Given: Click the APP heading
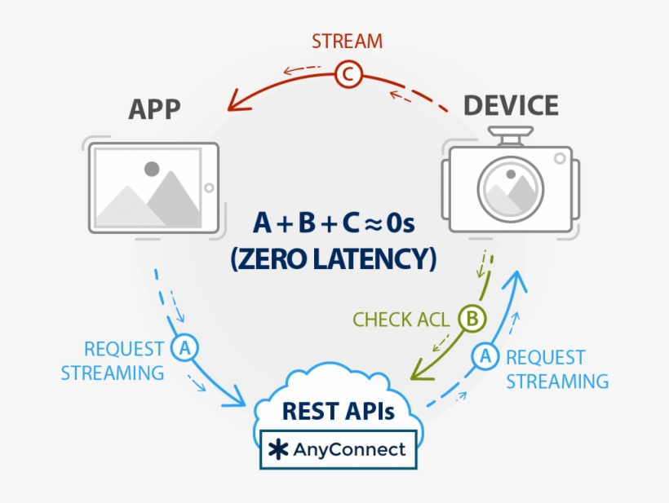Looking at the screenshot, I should point(154,109).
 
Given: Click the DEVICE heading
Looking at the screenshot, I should point(512,106).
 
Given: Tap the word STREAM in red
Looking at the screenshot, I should point(347,41).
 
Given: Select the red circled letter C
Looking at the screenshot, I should point(348,76).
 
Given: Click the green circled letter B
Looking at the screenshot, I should point(471,319).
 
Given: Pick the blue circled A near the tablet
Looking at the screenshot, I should point(185,348).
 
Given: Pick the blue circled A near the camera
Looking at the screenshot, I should point(485,356).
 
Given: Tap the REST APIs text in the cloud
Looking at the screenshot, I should point(338,411).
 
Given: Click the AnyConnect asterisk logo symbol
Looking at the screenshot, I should point(280,450).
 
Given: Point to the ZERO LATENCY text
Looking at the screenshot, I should point(333,259).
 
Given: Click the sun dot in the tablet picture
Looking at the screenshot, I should point(152,170).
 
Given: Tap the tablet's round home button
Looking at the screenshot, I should point(210,188).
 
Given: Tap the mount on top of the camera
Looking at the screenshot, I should point(510,135).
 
